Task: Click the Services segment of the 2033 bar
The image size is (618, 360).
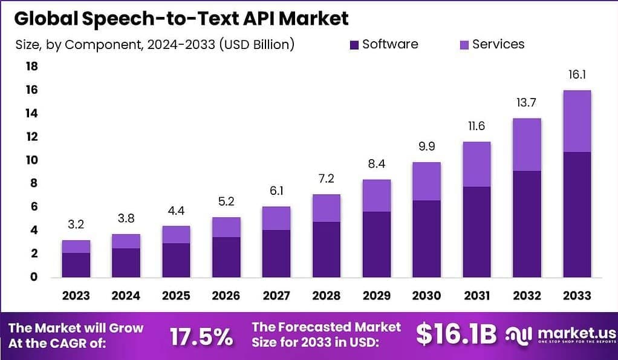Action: coord(576,121)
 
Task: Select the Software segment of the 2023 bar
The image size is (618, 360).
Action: coord(76,264)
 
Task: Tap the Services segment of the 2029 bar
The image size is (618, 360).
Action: coord(376,195)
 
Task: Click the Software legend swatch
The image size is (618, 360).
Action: coord(354,44)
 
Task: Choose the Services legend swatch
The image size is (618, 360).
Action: coord(464,44)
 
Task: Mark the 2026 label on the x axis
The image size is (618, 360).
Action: coord(226,295)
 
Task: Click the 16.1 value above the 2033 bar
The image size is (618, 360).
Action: coord(576,75)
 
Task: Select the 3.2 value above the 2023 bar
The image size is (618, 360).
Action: coord(76,225)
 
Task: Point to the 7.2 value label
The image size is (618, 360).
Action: coord(326,178)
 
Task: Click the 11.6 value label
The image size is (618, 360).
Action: coord(476,126)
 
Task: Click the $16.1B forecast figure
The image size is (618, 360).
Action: coord(457,334)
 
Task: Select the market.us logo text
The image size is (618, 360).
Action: coord(574,333)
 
